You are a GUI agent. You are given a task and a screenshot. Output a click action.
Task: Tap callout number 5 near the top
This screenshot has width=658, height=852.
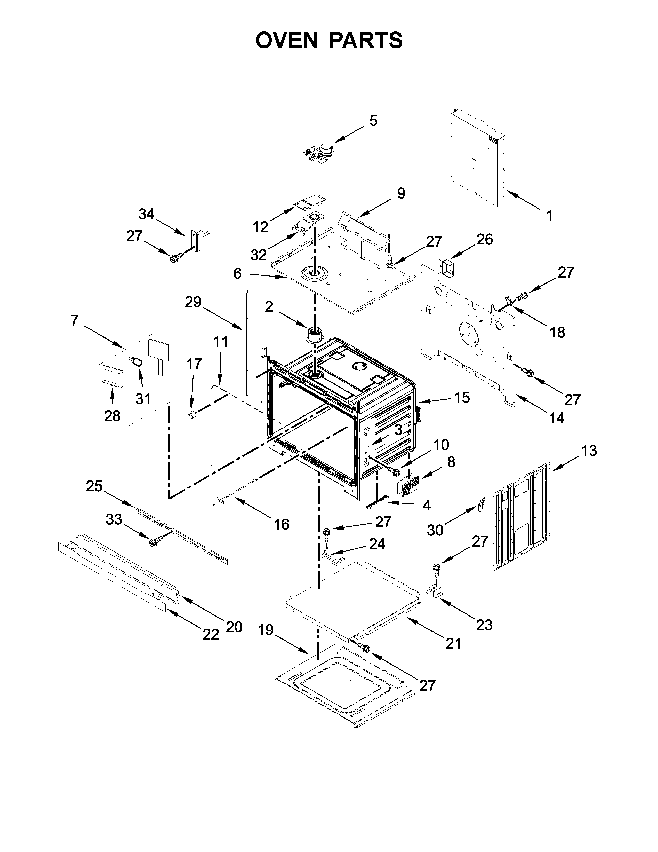pyautogui.click(x=373, y=121)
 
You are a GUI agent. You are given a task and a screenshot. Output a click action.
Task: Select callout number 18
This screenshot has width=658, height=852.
pyautogui.click(x=557, y=332)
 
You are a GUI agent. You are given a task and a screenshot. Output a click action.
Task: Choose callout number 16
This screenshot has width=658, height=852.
pyautogui.click(x=281, y=524)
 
